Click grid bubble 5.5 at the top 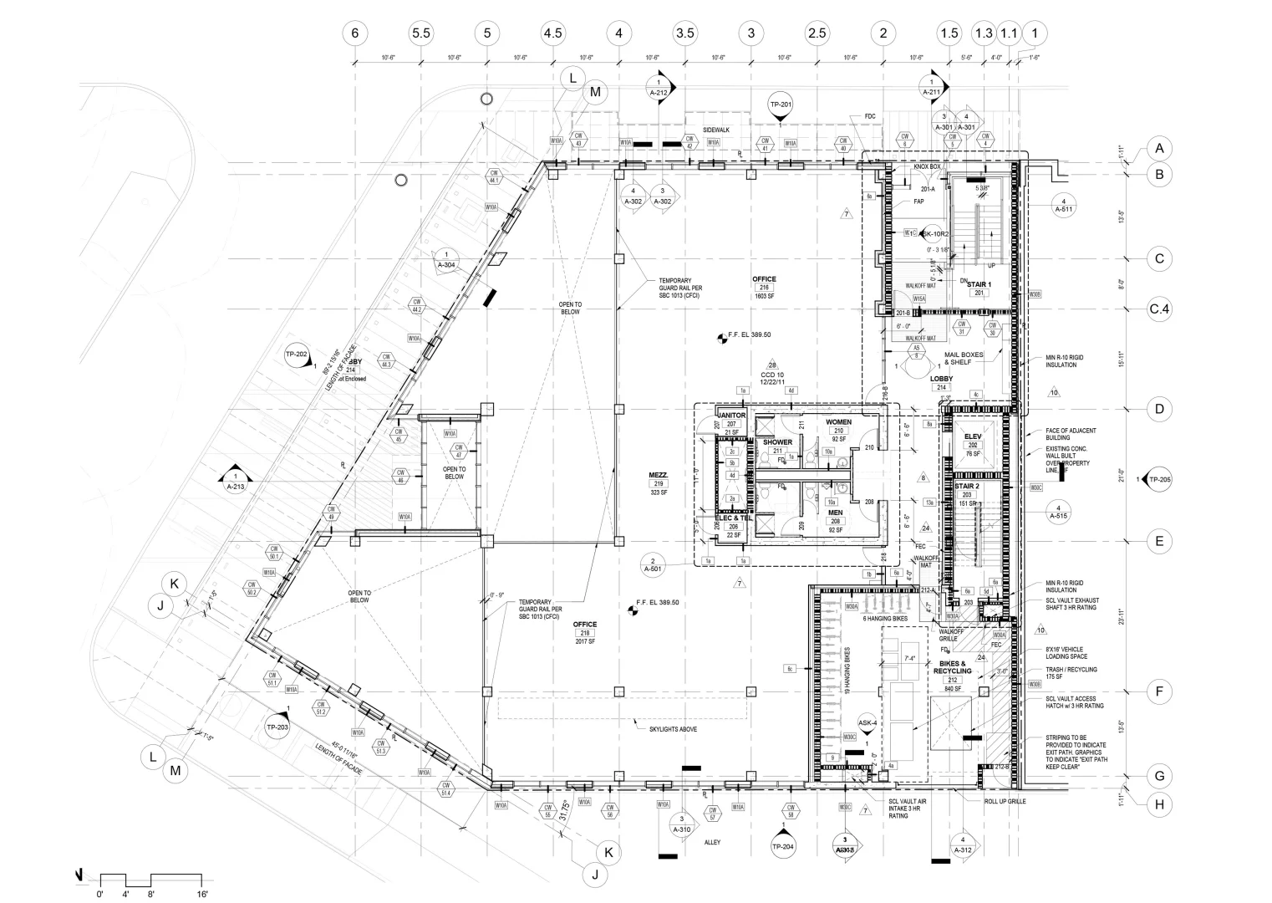click(421, 33)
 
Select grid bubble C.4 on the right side click(1159, 310)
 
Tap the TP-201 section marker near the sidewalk click(780, 105)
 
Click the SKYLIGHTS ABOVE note click(673, 729)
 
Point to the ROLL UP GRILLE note click(1005, 801)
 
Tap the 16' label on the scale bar click(201, 894)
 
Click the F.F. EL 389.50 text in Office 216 click(749, 334)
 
